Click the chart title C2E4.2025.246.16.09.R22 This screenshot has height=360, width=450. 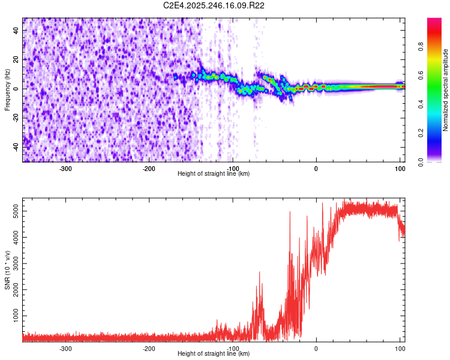[x=214, y=5]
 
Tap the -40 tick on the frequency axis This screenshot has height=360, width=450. [x=16, y=147]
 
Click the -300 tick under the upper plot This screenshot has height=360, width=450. [x=66, y=168]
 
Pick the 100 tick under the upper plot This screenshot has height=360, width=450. [x=400, y=168]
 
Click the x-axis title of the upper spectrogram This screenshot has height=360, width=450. [x=214, y=173]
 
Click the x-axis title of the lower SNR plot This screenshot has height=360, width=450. [x=214, y=354]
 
